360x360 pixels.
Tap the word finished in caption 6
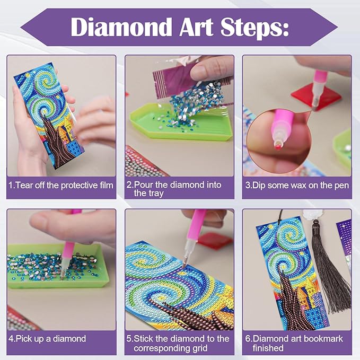pos(268,348)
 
